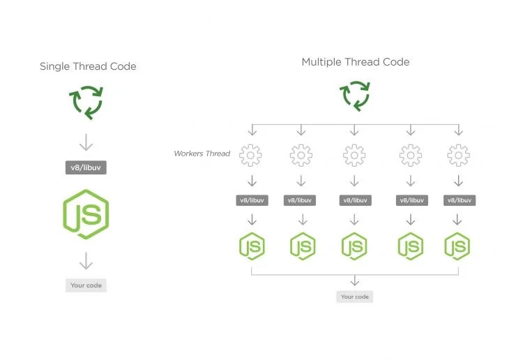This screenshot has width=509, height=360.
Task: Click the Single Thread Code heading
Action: (88, 66)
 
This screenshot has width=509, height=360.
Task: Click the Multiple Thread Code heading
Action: (355, 62)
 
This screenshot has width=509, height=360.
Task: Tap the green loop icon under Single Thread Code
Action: (87, 101)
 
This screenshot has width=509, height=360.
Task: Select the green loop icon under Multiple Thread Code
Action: (354, 96)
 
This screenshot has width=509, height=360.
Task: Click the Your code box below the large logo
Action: (86, 285)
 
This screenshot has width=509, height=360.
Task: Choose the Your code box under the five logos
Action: (354, 297)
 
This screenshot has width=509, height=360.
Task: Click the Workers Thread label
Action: (202, 153)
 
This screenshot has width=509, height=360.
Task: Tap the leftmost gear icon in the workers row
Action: (252, 155)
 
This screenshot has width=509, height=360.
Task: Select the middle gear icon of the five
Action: (354, 155)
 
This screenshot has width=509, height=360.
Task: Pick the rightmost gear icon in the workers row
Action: (457, 155)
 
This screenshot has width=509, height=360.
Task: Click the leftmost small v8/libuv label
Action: (252, 200)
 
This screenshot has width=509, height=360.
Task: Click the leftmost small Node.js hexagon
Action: (252, 246)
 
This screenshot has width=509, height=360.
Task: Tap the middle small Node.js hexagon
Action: (354, 246)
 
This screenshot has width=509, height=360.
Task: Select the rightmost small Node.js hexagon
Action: (457, 246)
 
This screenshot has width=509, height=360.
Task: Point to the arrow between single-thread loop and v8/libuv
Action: (86, 142)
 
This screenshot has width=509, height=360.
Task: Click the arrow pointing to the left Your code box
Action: (86, 261)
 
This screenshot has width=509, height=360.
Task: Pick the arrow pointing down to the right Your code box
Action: (354, 280)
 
